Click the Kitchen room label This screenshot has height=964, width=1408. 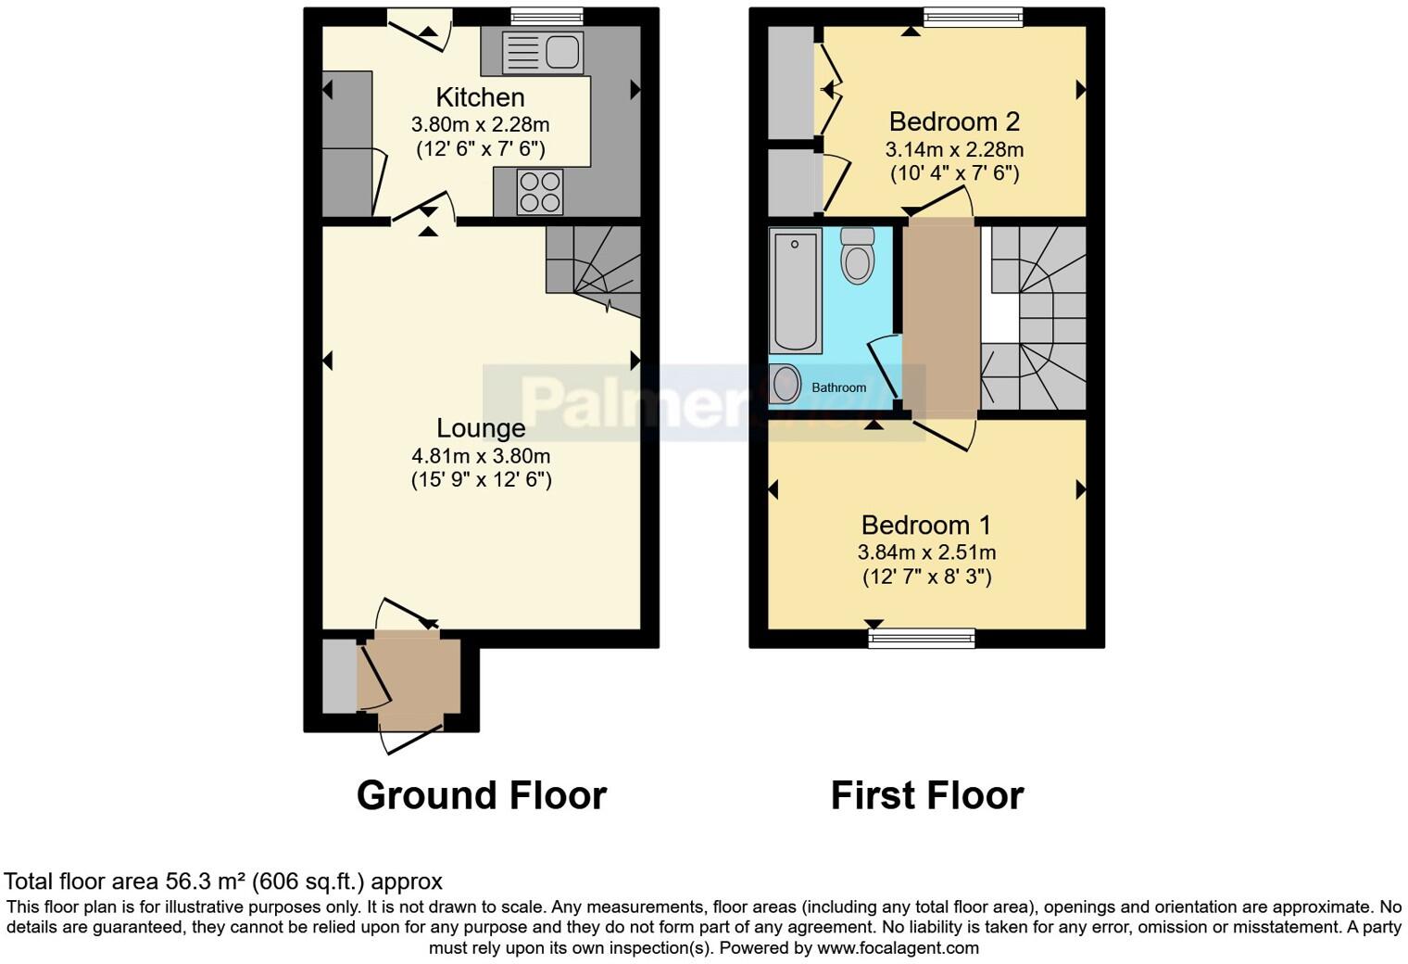(480, 97)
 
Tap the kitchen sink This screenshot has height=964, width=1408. (541, 52)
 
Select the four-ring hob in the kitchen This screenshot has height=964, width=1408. (540, 192)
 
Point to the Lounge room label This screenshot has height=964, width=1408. (481, 428)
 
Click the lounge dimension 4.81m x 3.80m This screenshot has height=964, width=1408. (481, 456)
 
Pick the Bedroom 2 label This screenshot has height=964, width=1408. (954, 121)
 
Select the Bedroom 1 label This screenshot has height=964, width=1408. (926, 526)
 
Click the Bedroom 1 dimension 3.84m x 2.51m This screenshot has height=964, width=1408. (926, 552)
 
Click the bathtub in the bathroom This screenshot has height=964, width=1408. (795, 292)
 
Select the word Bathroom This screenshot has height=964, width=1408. (839, 387)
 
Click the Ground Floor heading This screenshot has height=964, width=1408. (481, 795)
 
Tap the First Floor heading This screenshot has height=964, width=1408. (926, 795)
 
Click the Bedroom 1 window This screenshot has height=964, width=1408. (922, 638)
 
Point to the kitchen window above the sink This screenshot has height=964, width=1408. (547, 17)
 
